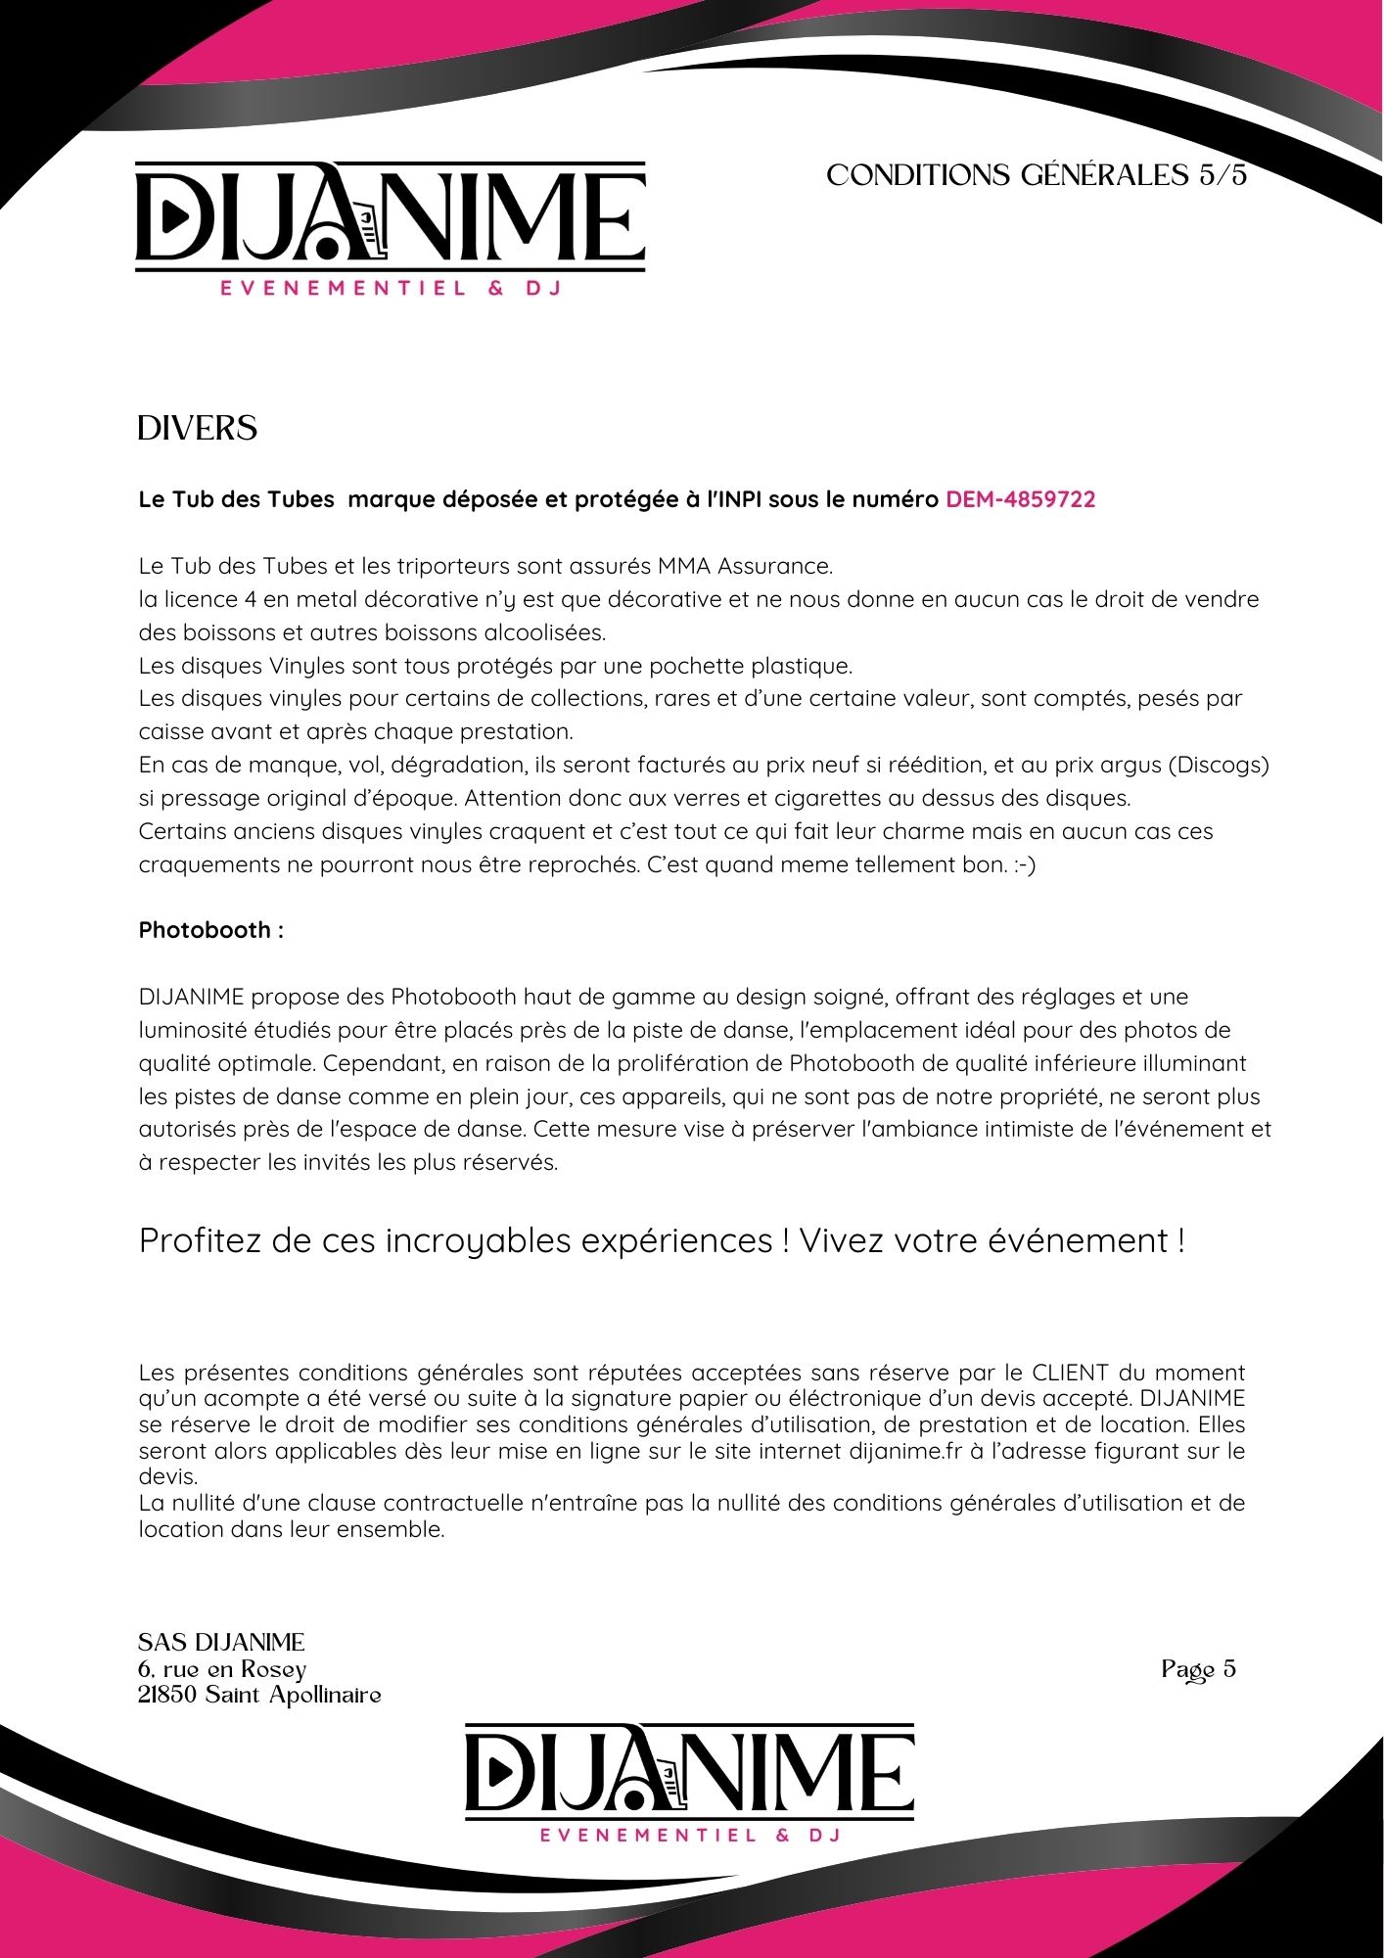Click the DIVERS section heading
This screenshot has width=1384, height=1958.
197,429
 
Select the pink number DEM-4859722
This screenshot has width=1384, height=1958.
1020,499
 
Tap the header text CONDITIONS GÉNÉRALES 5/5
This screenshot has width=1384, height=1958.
1037,175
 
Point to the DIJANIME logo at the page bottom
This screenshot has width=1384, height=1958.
689,1783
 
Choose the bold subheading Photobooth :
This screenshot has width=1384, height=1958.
210,930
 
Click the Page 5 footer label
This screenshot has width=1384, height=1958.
1198,1669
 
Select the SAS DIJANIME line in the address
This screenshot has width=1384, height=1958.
221,1642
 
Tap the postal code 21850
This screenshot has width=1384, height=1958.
167,1695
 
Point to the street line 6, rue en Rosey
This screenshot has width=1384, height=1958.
222,1668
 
